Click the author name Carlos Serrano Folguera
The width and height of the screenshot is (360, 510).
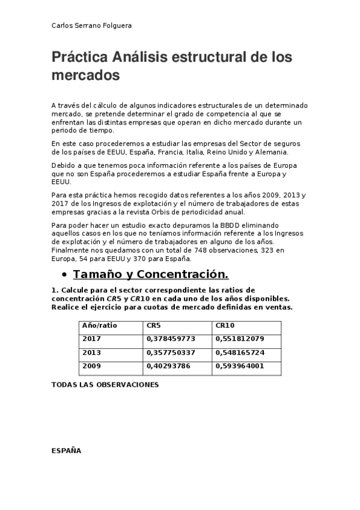(92, 26)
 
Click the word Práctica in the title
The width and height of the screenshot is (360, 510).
(79, 58)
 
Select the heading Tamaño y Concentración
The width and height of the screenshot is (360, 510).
(150, 275)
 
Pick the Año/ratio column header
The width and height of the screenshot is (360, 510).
(100, 325)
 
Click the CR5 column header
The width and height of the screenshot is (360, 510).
(153, 325)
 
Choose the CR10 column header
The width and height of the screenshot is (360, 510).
(226, 325)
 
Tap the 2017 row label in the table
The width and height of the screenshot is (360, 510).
(91, 339)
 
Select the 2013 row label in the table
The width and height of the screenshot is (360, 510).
(91, 352)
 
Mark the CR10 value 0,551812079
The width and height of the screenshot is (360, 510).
(239, 339)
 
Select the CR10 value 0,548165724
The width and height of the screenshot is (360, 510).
(239, 352)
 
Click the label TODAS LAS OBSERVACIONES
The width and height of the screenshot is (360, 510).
(105, 385)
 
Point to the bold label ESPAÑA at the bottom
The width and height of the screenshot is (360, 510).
(66, 450)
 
